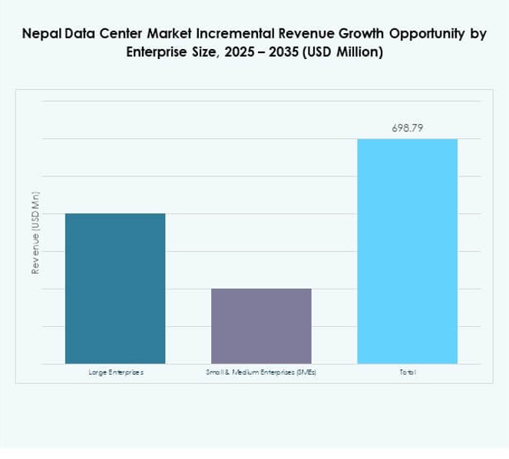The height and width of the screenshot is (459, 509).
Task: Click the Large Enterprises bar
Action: coord(115,288)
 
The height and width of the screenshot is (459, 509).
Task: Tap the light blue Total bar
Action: coord(407,251)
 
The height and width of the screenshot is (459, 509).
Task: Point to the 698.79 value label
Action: coord(407,128)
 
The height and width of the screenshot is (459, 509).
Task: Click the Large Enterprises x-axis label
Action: coord(115,372)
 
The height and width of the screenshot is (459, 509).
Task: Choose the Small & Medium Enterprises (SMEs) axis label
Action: coord(261,372)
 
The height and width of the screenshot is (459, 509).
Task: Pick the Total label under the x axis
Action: coord(407,372)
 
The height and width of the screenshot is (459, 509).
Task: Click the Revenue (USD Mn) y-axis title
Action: coord(35,242)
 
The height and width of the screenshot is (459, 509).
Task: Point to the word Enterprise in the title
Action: coord(154,54)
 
